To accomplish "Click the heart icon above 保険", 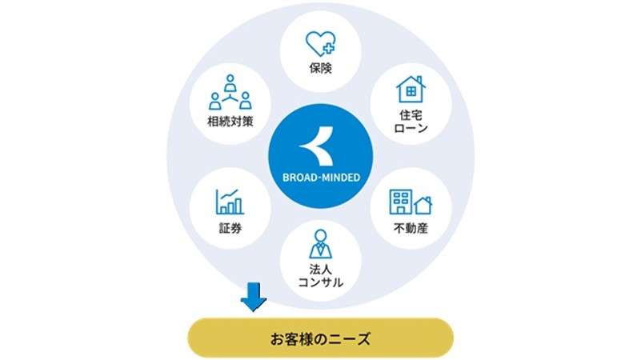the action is tap(320, 44).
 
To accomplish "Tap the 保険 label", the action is tap(320, 68).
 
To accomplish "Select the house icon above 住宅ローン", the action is tap(411, 89).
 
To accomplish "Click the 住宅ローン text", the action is tap(411, 122).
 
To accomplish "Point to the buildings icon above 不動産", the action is tap(411, 202).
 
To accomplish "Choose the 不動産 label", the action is tap(411, 228).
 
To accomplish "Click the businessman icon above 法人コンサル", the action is tap(320, 244).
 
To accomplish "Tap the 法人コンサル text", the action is tap(320, 276).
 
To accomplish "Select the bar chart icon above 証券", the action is tap(230, 202).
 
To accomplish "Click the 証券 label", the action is tap(230, 228).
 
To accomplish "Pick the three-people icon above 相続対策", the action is tap(230, 92).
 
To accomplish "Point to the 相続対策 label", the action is tap(230, 122).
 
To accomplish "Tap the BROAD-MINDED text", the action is tap(321, 178).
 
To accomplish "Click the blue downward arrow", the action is tap(254, 297).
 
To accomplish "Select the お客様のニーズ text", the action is tap(320, 338).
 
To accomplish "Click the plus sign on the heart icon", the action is tap(329, 49).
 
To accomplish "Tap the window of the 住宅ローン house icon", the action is tap(411, 92).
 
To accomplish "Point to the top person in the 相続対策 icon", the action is tap(230, 83).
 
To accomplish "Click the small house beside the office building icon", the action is tap(423, 206).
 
